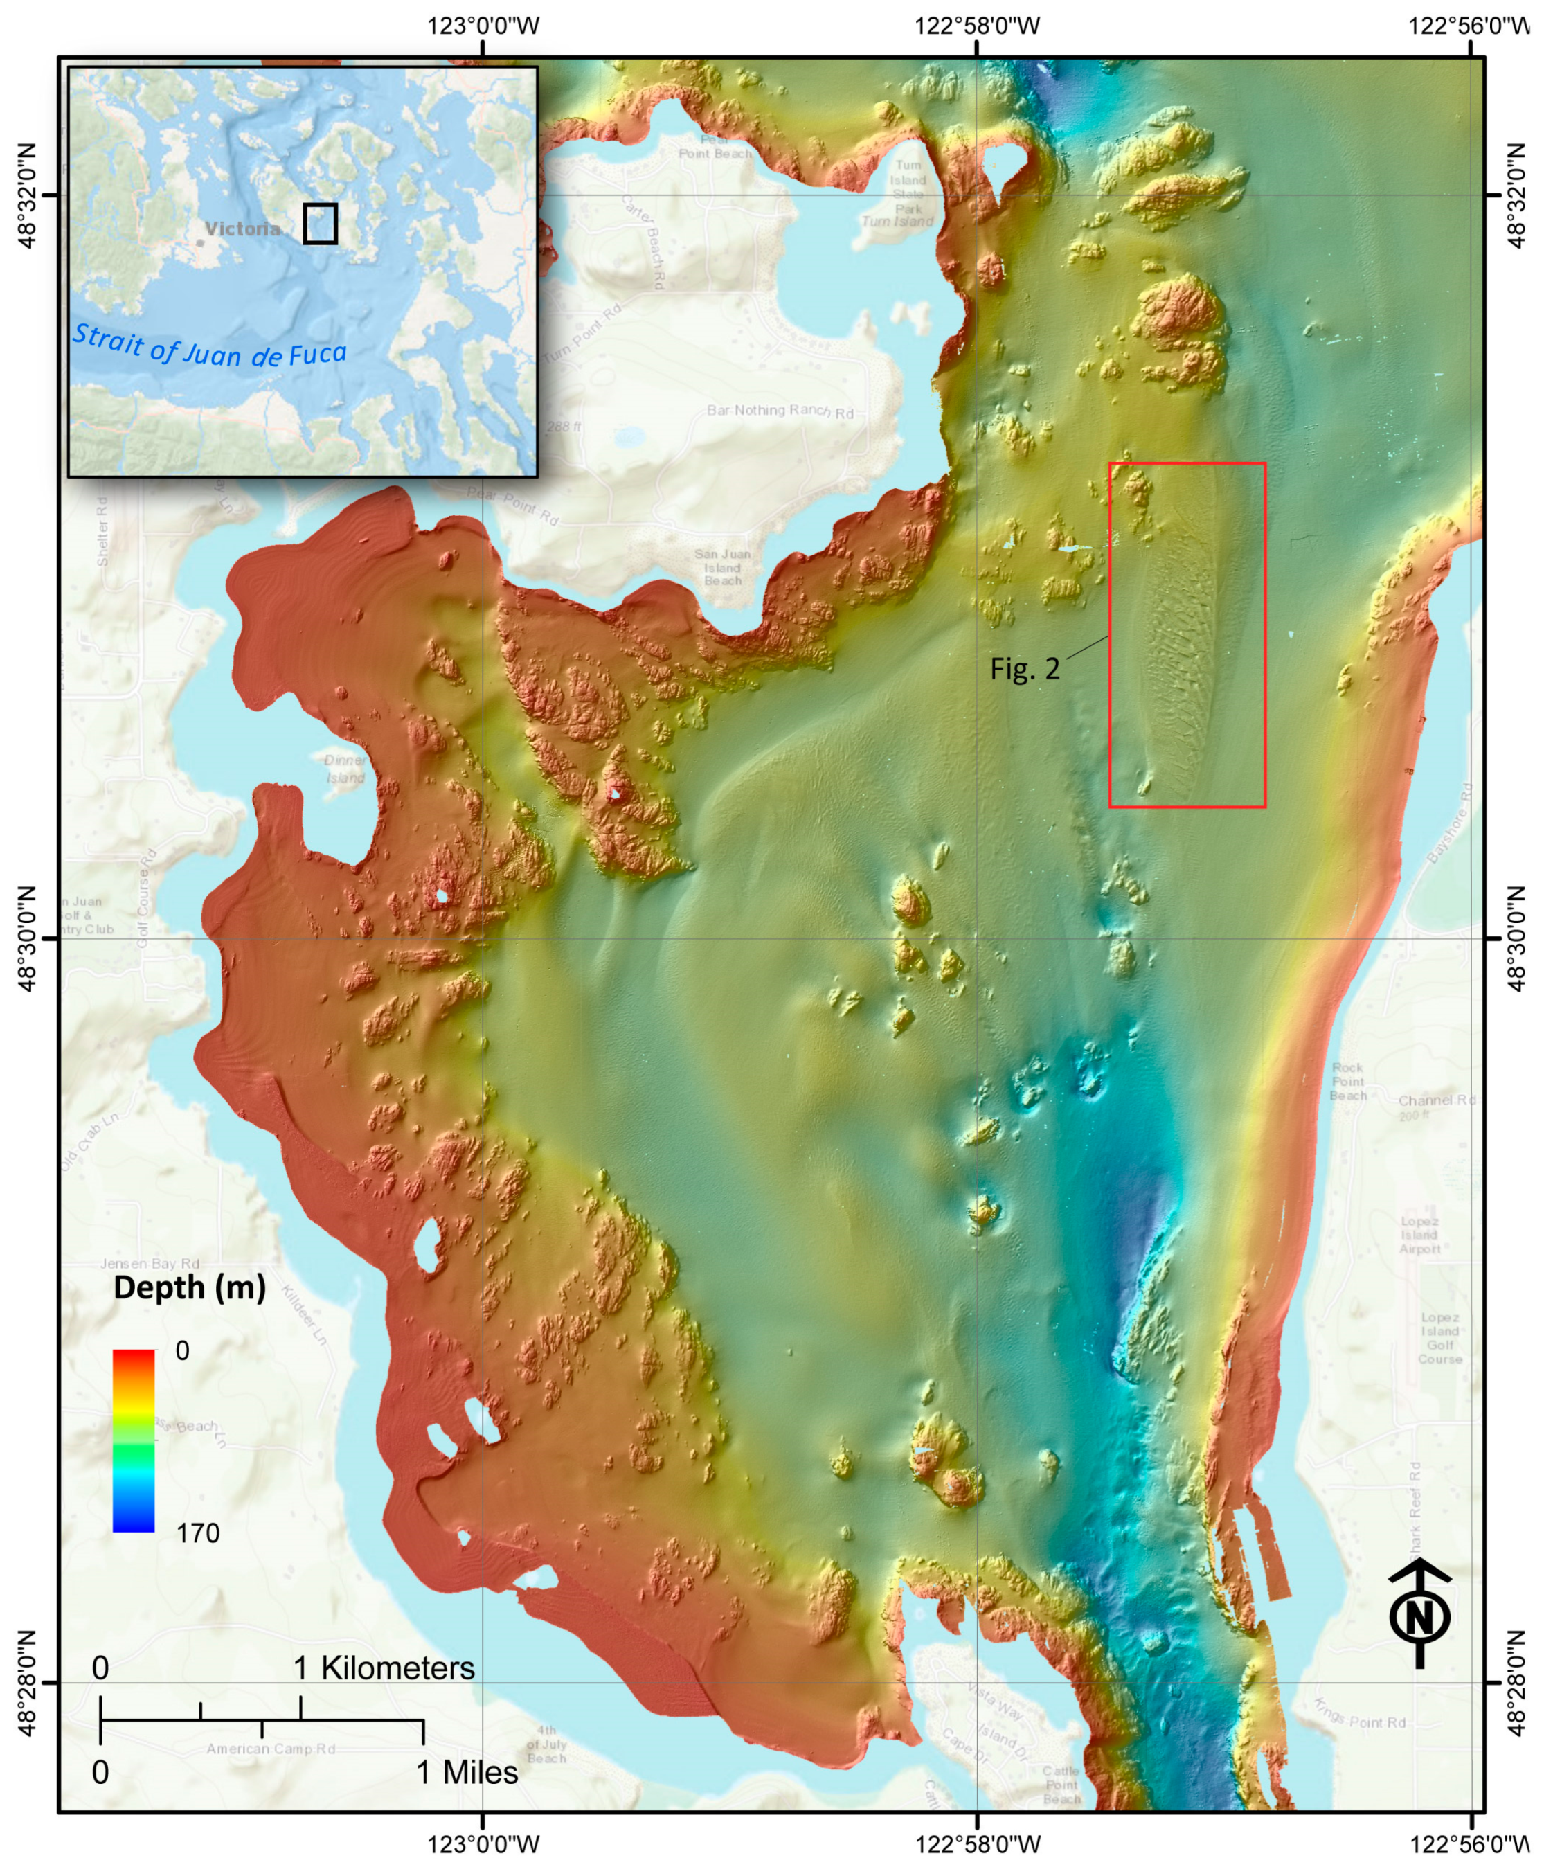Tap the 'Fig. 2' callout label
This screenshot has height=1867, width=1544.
1024,668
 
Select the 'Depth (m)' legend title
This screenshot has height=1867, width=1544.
189,1287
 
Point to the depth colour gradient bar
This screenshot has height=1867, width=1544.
134,1440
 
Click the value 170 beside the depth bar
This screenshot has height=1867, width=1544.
197,1533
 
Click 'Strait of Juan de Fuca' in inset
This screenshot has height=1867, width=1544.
209,347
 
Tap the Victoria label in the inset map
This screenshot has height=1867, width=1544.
242,229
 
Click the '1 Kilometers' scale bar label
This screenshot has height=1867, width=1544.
384,1668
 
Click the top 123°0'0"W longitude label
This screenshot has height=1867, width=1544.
483,25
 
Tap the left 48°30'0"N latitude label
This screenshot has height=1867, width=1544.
27,937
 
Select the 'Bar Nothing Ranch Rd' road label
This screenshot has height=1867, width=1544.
780,411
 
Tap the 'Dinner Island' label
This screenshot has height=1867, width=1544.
345,769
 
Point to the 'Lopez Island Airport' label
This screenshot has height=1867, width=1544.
1419,1235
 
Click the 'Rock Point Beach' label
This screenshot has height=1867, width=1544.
1347,1081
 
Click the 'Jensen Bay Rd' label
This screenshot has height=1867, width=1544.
150,1263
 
